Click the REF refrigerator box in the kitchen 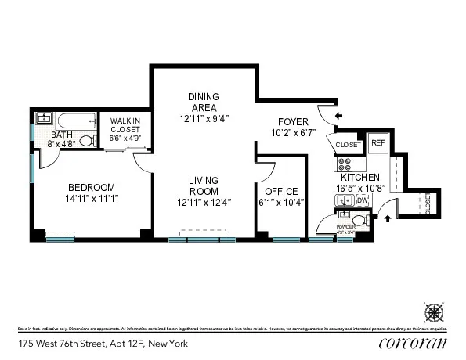click(x=378, y=143)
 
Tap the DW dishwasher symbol click(x=362, y=201)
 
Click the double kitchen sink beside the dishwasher click(x=345, y=201)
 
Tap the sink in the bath click(x=45, y=120)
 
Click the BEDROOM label click(x=91, y=187)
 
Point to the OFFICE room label click(x=281, y=192)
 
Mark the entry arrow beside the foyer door click(x=338, y=117)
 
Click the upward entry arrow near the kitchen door click(x=388, y=219)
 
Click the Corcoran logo click(x=412, y=343)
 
